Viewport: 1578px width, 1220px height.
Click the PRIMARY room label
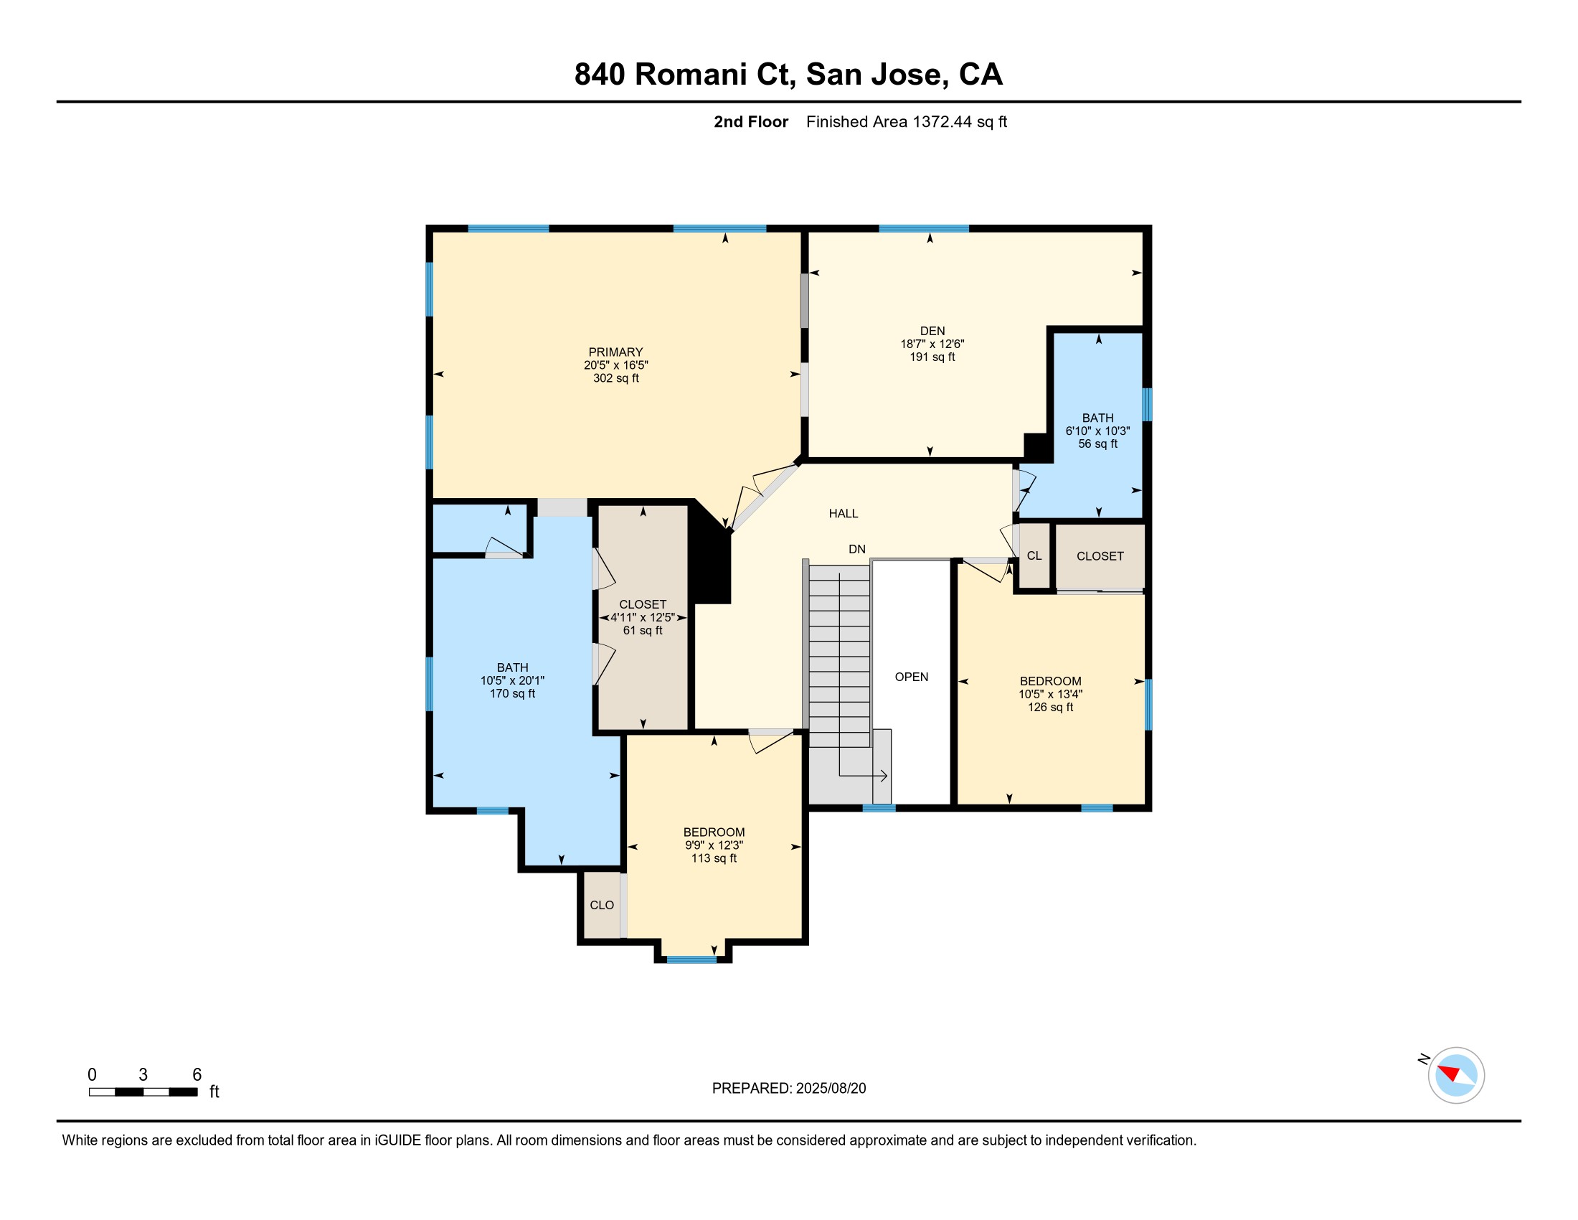tap(615, 352)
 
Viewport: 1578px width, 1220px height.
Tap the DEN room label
tap(932, 331)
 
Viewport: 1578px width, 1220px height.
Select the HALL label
tap(844, 514)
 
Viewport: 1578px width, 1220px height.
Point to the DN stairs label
tap(857, 549)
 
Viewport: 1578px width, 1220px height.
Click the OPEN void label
tap(912, 677)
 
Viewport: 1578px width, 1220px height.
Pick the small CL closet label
tap(1034, 555)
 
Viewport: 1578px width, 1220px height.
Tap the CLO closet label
tap(602, 905)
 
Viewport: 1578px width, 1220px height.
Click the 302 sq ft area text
tap(615, 378)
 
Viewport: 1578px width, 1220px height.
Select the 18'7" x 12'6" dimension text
tap(932, 344)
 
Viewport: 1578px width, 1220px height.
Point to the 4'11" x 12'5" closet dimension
tap(643, 617)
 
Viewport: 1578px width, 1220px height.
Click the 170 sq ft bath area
tap(512, 694)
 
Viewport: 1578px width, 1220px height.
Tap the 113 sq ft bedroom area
tap(714, 858)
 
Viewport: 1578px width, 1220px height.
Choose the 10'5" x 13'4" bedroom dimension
tap(1051, 695)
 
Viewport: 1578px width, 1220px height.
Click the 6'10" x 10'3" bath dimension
tap(1097, 431)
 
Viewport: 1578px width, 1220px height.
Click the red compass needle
tap(1449, 1073)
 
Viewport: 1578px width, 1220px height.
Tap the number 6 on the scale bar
tap(197, 1075)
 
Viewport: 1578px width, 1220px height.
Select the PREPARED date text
tap(789, 1089)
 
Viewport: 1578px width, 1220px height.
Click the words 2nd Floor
tap(751, 122)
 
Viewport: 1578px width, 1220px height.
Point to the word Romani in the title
tap(691, 75)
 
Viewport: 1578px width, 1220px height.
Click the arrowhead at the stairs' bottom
tap(884, 776)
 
